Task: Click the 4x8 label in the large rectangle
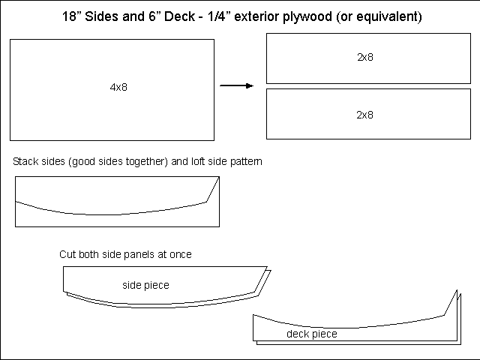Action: pyautogui.click(x=118, y=88)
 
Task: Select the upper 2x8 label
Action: pyautogui.click(x=365, y=57)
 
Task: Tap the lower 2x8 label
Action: pyautogui.click(x=365, y=115)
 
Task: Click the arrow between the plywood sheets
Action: pyautogui.click(x=236, y=86)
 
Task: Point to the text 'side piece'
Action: pyautogui.click(x=145, y=285)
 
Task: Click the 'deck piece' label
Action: pyautogui.click(x=311, y=334)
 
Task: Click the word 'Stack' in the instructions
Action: pyautogui.click(x=25, y=162)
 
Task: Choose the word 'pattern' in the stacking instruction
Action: pyautogui.click(x=246, y=162)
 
